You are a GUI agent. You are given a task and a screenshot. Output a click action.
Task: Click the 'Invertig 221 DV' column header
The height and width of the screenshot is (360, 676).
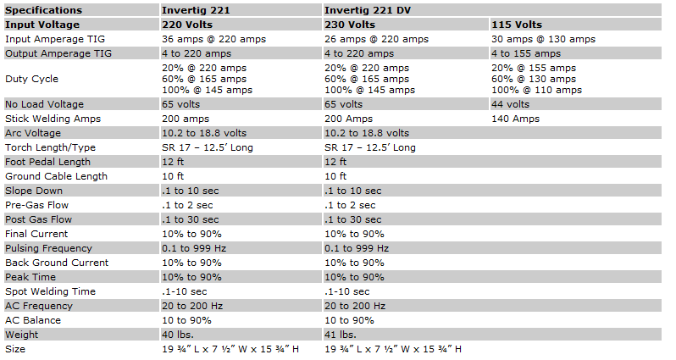tap(368, 10)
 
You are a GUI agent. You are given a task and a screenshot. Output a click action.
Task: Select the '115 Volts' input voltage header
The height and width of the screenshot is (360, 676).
tap(517, 25)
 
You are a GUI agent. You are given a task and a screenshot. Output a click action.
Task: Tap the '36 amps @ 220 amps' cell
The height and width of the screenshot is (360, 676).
tap(213, 39)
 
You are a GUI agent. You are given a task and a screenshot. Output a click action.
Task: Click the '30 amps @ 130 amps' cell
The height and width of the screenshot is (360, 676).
tap(543, 39)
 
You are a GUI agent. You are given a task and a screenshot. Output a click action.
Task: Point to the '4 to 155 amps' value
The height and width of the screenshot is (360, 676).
tap(526, 53)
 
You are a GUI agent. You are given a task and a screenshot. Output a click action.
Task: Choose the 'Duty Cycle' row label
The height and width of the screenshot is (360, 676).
tap(31, 79)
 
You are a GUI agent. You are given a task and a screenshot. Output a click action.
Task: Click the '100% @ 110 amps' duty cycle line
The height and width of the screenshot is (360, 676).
tap(536, 90)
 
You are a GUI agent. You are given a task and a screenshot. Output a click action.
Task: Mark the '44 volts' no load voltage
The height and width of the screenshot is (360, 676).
tap(510, 104)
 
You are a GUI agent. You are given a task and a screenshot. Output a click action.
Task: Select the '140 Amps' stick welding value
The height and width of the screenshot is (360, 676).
tap(515, 119)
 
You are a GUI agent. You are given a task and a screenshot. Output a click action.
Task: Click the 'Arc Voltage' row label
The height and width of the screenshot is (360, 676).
tap(33, 133)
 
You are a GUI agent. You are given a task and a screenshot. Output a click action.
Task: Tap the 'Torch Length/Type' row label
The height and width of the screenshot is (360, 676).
tap(50, 147)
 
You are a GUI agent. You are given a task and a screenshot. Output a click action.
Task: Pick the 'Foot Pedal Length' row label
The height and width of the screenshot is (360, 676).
tap(47, 162)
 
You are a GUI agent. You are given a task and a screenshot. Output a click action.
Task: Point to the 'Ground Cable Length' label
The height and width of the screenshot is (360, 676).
tap(56, 176)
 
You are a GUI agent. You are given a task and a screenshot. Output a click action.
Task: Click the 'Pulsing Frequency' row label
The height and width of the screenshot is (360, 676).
tap(49, 248)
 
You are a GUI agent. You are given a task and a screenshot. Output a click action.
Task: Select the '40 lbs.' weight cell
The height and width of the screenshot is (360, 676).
tap(178, 335)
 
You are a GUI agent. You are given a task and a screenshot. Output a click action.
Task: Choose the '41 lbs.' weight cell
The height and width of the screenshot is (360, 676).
tap(341, 335)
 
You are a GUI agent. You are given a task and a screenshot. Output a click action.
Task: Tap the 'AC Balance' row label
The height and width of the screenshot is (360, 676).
tap(33, 320)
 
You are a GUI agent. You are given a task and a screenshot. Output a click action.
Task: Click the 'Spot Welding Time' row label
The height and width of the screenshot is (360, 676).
tap(50, 291)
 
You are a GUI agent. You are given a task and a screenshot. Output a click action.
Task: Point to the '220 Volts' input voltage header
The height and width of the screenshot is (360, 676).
tap(187, 25)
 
